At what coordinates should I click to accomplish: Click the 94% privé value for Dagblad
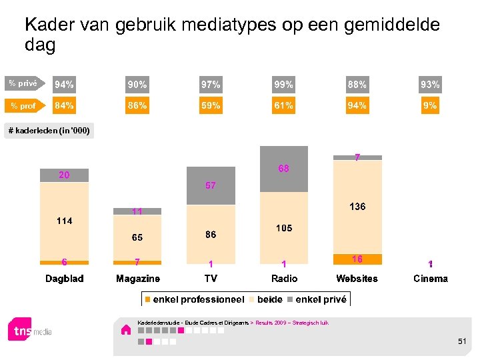pyautogui.click(x=65, y=85)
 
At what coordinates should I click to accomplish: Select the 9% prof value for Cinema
pyautogui.click(x=430, y=105)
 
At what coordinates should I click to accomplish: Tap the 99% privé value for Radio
pyautogui.click(x=283, y=85)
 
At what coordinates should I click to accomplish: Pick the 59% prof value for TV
pyautogui.click(x=211, y=105)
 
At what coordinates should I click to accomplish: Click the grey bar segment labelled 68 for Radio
pyautogui.click(x=284, y=169)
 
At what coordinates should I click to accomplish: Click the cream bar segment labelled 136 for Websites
pyautogui.click(x=357, y=207)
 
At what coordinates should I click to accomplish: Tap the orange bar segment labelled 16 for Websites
pyautogui.click(x=357, y=259)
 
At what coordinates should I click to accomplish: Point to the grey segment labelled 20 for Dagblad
pyautogui.click(x=64, y=175)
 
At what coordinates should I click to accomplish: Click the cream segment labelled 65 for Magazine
pyautogui.click(x=137, y=237)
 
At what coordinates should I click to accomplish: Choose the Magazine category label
pyautogui.click(x=137, y=279)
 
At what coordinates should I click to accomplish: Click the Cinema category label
pyautogui.click(x=430, y=279)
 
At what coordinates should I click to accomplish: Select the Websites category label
pyautogui.click(x=357, y=279)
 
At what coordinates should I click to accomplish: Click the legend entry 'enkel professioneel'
pyautogui.click(x=195, y=299)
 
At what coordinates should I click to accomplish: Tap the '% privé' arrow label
pyautogui.click(x=23, y=84)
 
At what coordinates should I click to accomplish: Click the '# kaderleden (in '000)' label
pyautogui.click(x=49, y=131)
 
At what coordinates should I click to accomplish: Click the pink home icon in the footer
pyautogui.click(x=125, y=329)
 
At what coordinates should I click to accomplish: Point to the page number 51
pyautogui.click(x=462, y=341)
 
